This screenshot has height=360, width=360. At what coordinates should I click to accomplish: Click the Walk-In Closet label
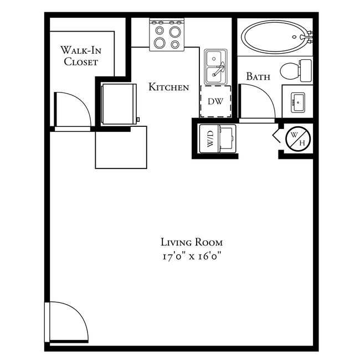80,56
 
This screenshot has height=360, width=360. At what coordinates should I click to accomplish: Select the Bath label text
258,77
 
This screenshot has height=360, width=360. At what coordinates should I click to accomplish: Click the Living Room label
192,242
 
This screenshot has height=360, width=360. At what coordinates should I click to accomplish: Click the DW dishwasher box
215,101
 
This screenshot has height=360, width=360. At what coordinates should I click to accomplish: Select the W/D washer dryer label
211,138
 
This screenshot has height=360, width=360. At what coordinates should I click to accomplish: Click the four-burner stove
167,35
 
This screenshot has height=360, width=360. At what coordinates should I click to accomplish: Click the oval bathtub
274,37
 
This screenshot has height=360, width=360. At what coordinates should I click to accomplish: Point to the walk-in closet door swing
72,110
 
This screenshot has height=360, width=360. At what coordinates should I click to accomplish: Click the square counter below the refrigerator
121,147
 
